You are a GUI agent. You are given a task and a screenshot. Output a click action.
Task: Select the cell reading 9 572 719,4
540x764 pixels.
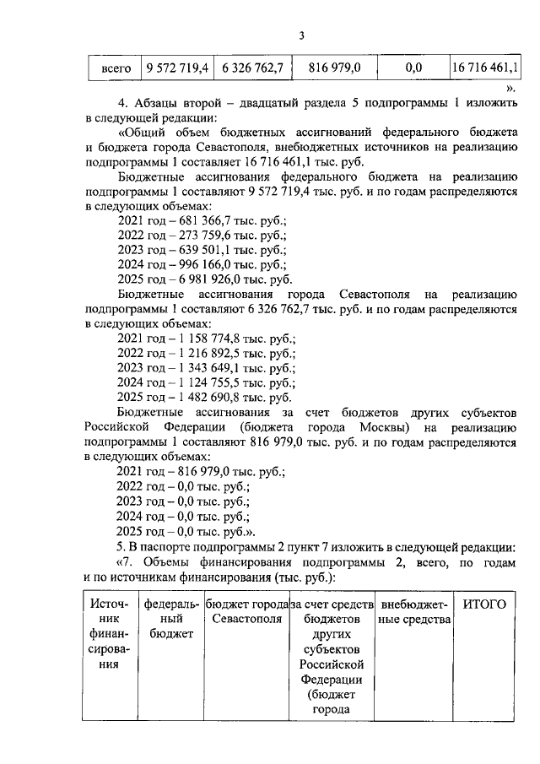176,66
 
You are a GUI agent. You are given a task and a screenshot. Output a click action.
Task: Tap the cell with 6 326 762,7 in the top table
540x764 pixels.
252,66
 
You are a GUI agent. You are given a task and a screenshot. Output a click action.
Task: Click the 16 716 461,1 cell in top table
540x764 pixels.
486,66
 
